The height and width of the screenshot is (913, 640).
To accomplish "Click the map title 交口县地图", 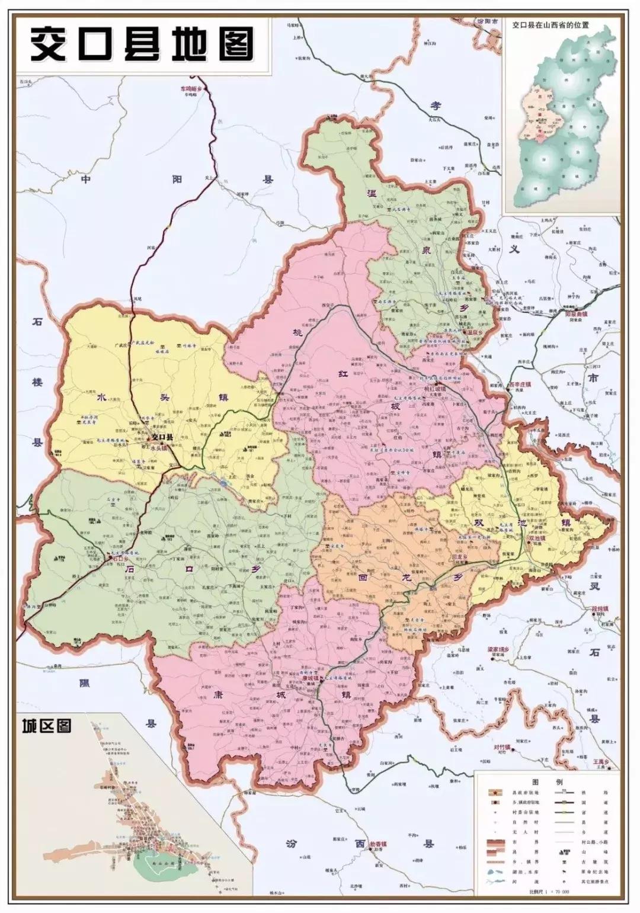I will pos(142,44).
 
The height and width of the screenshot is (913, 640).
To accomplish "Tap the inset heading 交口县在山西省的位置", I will pos(553,26).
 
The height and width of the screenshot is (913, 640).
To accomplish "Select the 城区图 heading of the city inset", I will pos(47,726).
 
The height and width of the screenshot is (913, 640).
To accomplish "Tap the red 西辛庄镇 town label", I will pos(520,384).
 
